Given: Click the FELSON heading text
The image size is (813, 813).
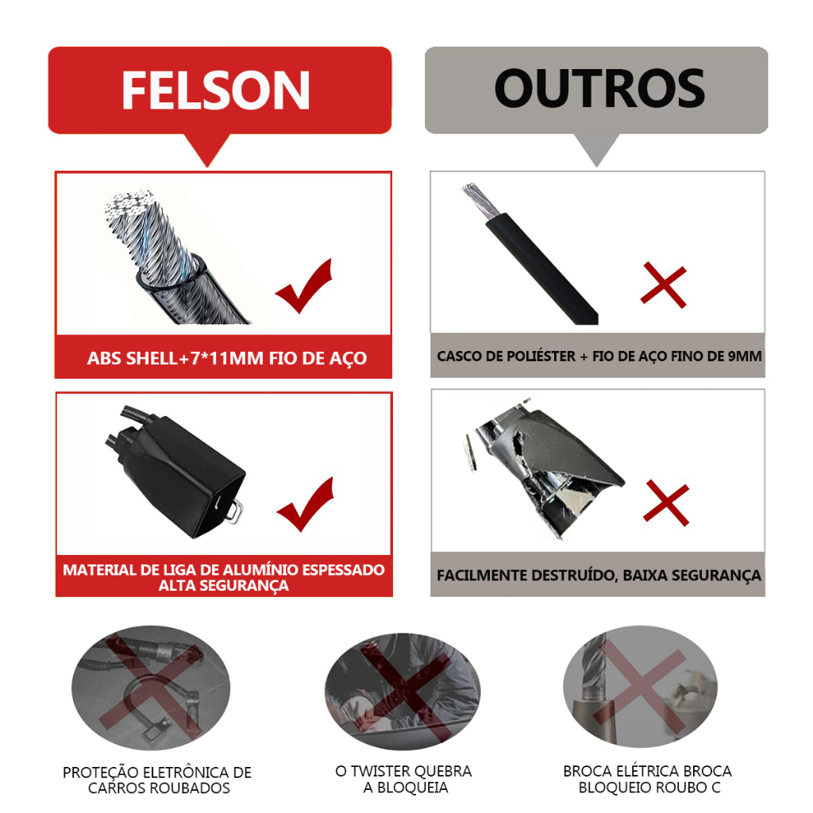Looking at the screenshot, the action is (216, 91).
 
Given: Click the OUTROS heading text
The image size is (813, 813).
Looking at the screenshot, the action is (600, 89).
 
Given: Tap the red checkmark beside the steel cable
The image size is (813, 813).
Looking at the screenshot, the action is (304, 286).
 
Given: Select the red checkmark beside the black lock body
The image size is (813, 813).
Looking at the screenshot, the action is (306, 504).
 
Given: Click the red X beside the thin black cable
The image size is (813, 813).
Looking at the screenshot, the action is (664, 285).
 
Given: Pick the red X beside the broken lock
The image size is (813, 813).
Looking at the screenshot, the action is (666, 503).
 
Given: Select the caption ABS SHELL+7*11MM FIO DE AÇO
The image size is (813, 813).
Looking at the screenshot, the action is (226, 358).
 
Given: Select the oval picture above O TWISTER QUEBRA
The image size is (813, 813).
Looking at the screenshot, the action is (403, 692).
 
